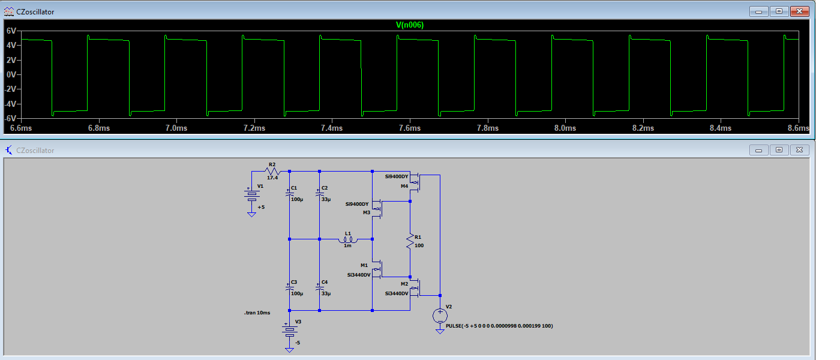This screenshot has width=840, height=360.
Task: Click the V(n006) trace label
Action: (410, 25)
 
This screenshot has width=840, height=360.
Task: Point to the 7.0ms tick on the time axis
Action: (176, 128)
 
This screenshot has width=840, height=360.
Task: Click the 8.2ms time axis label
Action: (643, 128)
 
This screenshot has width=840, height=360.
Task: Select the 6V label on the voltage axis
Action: (11, 31)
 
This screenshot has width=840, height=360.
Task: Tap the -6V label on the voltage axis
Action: (10, 118)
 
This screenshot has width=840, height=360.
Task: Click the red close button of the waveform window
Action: (799, 11)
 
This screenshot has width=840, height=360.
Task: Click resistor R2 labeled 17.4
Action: (272, 171)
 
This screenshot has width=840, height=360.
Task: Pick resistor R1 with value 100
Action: (410, 241)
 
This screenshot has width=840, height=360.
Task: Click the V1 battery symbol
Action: (251, 196)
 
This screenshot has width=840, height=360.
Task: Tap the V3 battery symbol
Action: (290, 329)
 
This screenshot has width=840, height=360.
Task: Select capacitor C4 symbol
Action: (320, 289)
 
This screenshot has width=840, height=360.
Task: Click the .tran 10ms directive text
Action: (257, 313)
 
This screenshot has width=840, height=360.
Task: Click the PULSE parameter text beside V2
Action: (499, 326)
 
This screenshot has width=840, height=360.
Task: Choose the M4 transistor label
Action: (404, 186)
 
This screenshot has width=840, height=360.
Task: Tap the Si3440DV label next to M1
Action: (358, 275)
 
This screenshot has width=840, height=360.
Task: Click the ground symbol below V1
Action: (251, 214)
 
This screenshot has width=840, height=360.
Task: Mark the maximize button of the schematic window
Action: (779, 150)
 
